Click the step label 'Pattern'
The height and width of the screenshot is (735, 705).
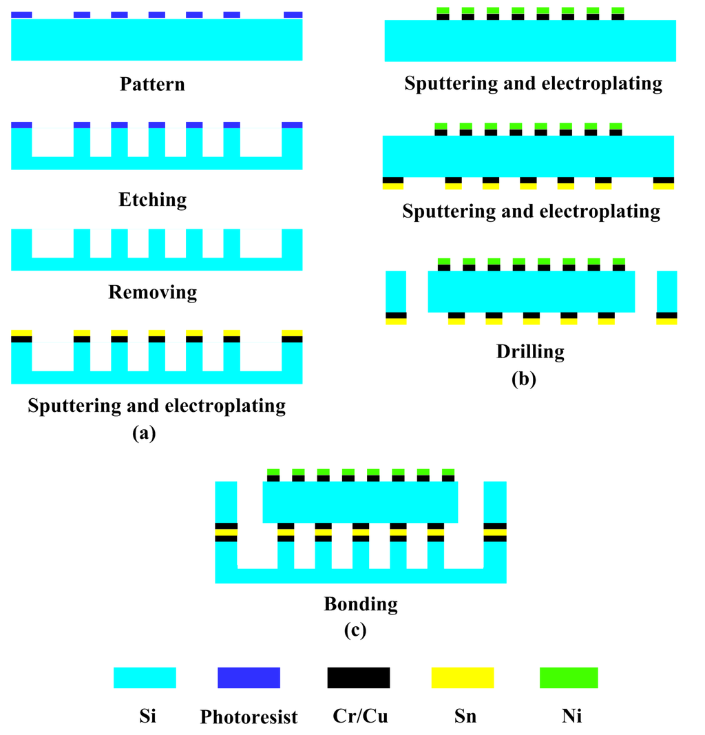pos(152,85)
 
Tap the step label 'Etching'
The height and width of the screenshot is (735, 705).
pos(152,200)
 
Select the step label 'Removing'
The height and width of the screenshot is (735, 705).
pos(152,292)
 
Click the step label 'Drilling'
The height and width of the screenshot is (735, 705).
pos(529,352)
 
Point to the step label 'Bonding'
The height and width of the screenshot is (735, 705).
pos(361,605)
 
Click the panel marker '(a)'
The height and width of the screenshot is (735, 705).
pos(144,433)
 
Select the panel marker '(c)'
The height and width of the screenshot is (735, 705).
pos(354,630)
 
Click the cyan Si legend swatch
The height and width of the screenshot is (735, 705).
pos(145,677)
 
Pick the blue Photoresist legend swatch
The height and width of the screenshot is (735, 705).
pos(249,677)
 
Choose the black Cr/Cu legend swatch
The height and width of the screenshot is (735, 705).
pos(358,677)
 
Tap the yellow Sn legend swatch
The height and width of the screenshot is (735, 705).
pos(463,677)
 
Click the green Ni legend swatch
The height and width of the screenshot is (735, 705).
pos(568,677)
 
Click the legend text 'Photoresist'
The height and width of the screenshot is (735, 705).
pos(249,717)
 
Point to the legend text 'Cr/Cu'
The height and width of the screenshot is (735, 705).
pos(358,716)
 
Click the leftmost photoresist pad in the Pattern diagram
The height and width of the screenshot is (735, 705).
pos(22,14)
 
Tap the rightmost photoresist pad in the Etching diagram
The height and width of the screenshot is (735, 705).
pos(293,125)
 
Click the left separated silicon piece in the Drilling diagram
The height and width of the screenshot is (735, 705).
pos(395,291)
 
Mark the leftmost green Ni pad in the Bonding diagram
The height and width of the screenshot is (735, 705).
pos(273,472)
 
